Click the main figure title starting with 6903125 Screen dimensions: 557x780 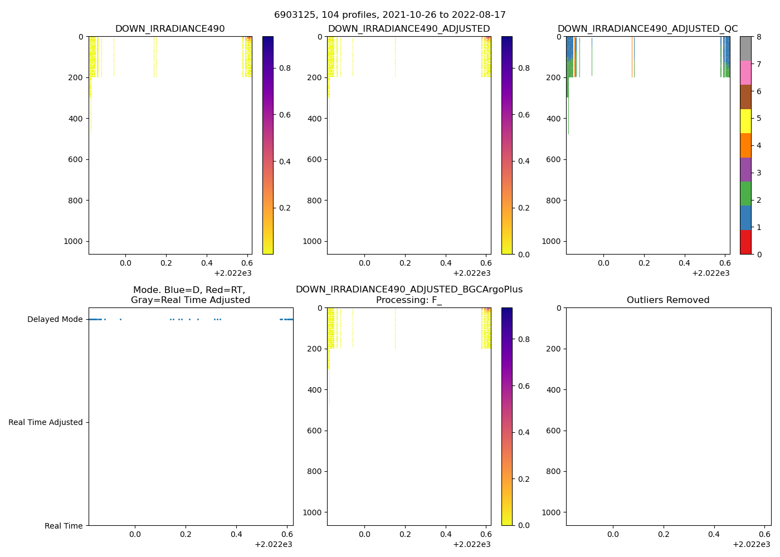click(390, 15)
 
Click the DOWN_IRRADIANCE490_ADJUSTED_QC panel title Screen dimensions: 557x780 click(647, 29)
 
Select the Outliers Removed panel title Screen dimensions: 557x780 click(668, 300)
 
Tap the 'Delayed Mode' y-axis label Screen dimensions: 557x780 click(55, 320)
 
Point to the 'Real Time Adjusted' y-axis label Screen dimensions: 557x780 click(46, 423)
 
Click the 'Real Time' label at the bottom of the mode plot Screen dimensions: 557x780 click(64, 526)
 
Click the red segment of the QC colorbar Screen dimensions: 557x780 click(745, 242)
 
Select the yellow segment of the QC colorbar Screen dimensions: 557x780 click(745, 121)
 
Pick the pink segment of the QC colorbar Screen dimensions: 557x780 click(745, 72)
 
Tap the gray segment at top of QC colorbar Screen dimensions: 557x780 click(745, 48)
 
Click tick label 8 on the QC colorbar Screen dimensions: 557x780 click(759, 37)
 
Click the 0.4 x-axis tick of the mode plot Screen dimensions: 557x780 click(236, 534)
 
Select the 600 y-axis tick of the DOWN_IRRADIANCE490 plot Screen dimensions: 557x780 click(76, 160)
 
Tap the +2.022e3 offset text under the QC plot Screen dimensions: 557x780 click(710, 273)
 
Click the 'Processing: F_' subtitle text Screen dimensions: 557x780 click(409, 300)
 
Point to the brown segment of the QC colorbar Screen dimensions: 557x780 click(745, 97)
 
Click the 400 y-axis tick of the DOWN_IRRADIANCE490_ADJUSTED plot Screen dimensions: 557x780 click(315, 119)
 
